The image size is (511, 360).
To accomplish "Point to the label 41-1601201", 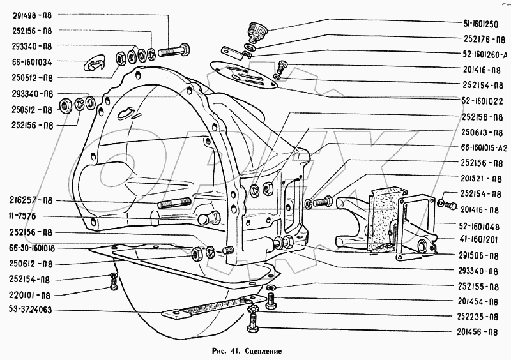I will pyautogui.click(x=477, y=240).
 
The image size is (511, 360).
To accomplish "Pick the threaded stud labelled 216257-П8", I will pyautogui.click(x=172, y=204).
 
